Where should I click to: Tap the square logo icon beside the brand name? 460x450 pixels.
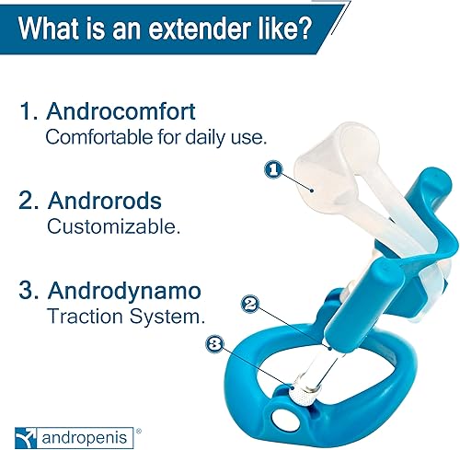coord(24,430)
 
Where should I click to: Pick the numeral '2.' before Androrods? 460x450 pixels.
coord(28,200)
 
